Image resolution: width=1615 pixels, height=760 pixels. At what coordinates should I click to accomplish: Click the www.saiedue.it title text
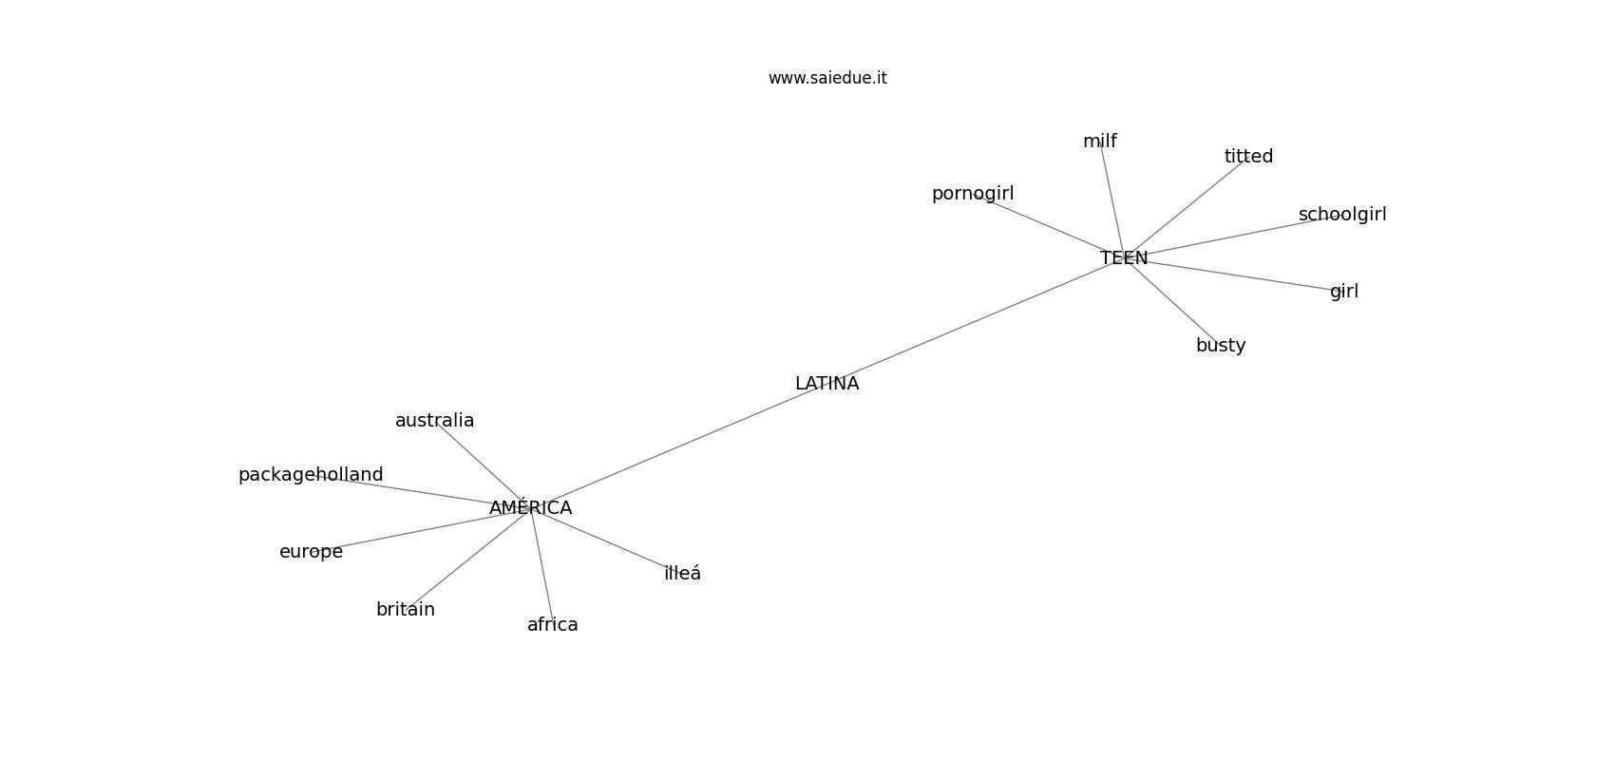pyautogui.click(x=827, y=78)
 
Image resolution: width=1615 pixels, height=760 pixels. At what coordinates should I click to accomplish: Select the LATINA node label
pyautogui.click(x=826, y=384)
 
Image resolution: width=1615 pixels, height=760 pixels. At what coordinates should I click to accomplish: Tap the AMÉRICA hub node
pyautogui.click(x=530, y=508)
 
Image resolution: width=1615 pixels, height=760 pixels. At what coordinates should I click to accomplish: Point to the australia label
pyautogui.click(x=434, y=421)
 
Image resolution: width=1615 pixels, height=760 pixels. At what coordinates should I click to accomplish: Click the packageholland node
pyautogui.click(x=311, y=475)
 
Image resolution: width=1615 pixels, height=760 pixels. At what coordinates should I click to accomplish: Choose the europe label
pyautogui.click(x=311, y=552)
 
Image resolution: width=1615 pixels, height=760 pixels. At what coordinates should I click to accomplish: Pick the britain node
pyautogui.click(x=406, y=610)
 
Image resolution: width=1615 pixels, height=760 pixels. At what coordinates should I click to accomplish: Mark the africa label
pyautogui.click(x=552, y=625)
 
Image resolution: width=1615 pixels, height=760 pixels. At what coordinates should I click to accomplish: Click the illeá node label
pyautogui.click(x=682, y=574)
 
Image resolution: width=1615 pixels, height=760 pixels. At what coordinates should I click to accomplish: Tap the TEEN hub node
pyautogui.click(x=1124, y=258)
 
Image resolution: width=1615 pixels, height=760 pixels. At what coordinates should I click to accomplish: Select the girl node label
pyautogui.click(x=1343, y=292)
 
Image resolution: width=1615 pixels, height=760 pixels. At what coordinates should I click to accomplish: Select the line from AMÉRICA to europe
pyautogui.click(x=418, y=530)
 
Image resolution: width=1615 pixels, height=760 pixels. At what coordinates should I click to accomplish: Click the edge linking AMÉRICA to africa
pyautogui.click(x=542, y=570)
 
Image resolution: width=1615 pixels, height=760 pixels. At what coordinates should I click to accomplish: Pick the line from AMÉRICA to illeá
pyautogui.click(x=608, y=541)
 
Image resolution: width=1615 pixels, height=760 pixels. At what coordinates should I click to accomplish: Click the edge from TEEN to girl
pyautogui.click(x=1235, y=275)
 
